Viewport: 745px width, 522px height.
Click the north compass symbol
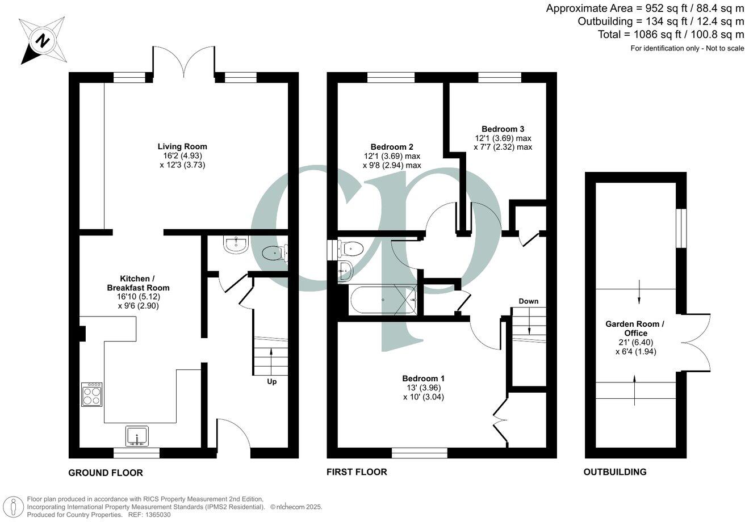point(43,40)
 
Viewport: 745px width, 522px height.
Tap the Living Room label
point(182,146)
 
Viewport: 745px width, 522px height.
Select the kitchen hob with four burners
point(92,394)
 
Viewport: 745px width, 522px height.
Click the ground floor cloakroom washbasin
point(235,245)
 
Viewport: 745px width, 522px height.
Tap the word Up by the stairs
point(272,382)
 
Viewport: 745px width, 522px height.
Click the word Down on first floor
point(528,301)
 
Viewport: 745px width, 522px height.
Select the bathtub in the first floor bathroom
point(383,300)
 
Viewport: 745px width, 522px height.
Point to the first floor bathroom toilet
point(352,248)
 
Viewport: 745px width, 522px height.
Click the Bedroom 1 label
point(423,378)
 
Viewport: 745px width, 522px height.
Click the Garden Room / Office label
point(633,329)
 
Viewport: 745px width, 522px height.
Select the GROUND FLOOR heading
point(106,473)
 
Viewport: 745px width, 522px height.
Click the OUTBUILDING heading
point(615,472)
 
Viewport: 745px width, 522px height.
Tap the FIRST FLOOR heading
point(357,472)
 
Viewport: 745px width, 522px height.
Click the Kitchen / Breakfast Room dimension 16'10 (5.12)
point(138,297)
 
